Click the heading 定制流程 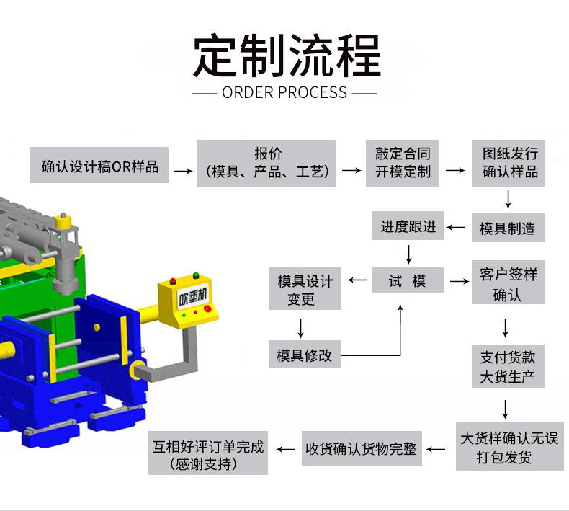(286, 56)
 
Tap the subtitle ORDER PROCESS (284, 92)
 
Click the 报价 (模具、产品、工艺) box (266, 164)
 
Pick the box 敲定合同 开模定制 (403, 163)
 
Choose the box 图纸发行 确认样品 (510, 163)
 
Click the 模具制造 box (508, 228)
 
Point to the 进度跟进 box (408, 226)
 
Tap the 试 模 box (408, 280)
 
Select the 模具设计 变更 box (305, 289)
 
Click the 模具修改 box (304, 355)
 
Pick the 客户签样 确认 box (508, 284)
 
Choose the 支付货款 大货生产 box (508, 367)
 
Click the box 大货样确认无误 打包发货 (508, 447)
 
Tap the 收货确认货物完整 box (361, 448)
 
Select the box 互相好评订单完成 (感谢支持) (208, 455)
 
